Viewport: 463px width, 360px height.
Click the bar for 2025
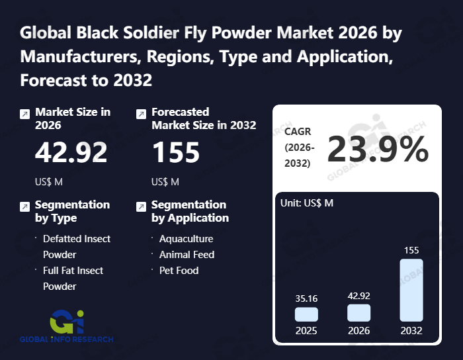(x=306, y=314)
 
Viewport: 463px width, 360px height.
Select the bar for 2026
(x=358, y=312)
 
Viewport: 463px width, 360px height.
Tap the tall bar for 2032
(x=411, y=290)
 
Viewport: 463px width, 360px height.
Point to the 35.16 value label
(x=306, y=298)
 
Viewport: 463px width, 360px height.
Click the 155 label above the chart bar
(x=411, y=250)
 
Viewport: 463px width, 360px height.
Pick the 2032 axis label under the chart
(x=411, y=330)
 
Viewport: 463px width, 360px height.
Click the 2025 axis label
(x=306, y=330)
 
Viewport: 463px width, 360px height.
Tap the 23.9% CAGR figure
(x=378, y=150)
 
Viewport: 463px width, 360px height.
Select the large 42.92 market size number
(x=71, y=153)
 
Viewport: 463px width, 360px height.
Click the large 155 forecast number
(x=176, y=153)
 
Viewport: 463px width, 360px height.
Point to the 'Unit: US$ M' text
(x=307, y=202)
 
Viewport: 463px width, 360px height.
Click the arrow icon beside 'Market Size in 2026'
(x=24, y=114)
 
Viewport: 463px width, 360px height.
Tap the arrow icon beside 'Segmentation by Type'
(x=24, y=207)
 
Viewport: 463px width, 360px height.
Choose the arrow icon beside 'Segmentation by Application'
(x=141, y=207)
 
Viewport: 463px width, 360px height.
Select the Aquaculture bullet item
(x=186, y=239)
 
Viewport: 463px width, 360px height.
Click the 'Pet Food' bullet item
(x=179, y=271)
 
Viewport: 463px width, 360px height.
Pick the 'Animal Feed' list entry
(x=187, y=255)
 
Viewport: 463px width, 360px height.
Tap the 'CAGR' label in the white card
(x=298, y=131)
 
